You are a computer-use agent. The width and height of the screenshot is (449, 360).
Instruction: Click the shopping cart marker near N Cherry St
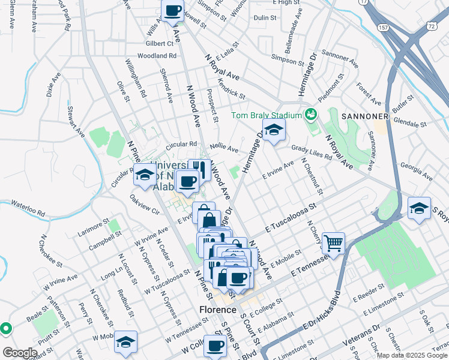tap(333, 243)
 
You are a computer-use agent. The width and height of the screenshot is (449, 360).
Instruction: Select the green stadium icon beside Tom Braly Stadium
tap(311, 113)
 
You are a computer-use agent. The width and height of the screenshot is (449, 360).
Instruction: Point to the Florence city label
tap(217, 310)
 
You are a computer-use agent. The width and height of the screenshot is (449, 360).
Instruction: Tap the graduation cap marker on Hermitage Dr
tap(273, 130)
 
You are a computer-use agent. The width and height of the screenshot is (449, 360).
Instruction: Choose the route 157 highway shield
tap(382, 28)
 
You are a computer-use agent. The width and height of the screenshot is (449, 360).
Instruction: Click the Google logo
tap(19, 352)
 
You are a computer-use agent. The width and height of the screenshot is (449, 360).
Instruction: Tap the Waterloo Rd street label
tap(28, 208)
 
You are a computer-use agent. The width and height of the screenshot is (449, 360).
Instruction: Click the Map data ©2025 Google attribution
tap(411, 355)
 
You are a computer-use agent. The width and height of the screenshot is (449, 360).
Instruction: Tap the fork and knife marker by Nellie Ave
tap(199, 170)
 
